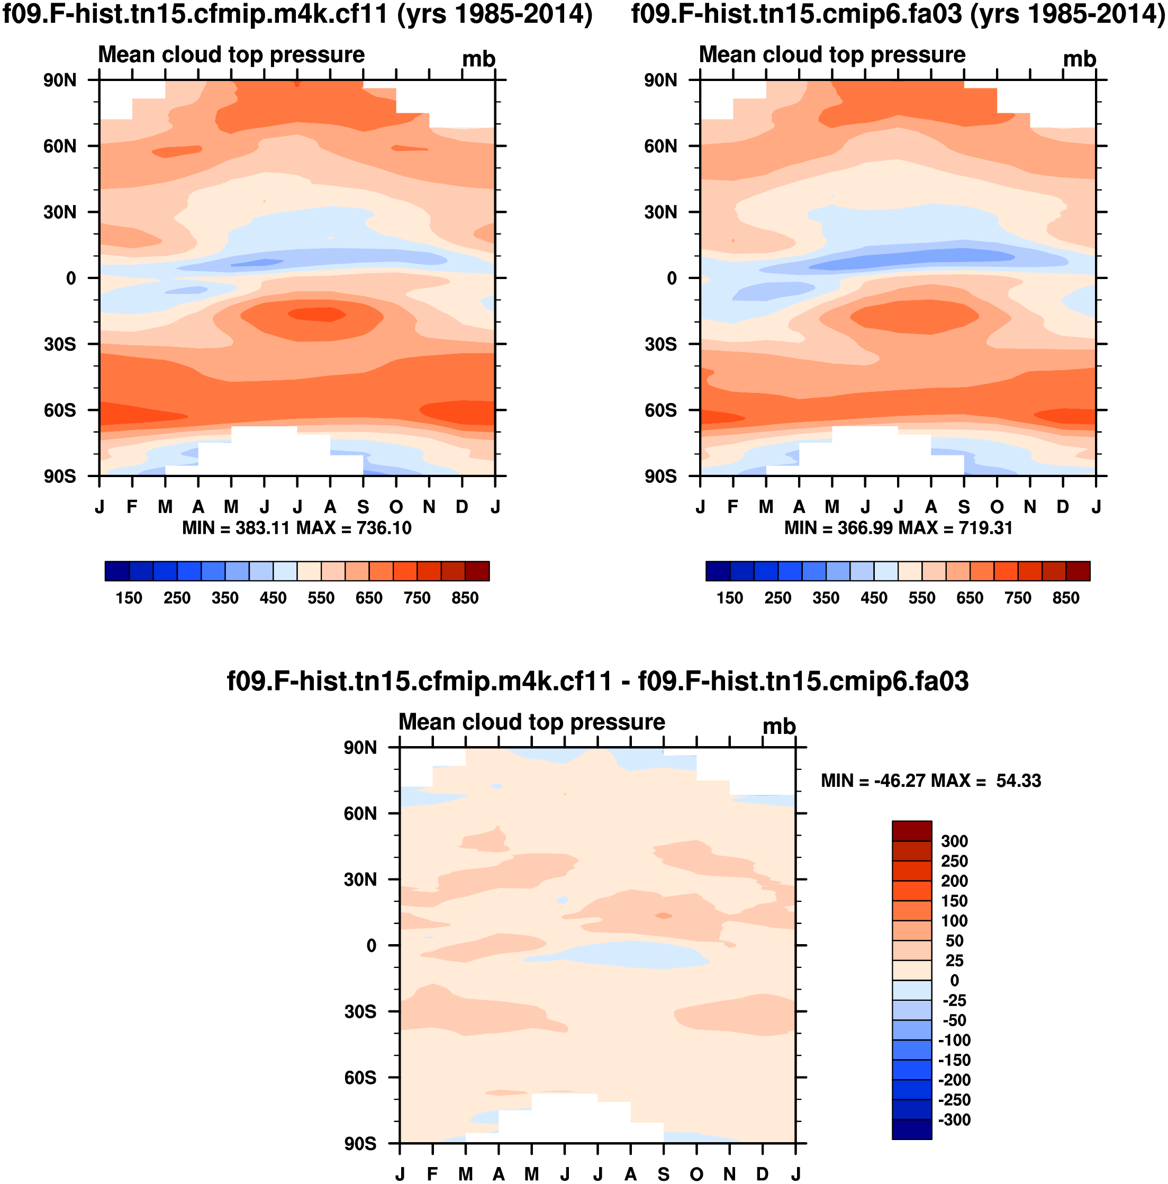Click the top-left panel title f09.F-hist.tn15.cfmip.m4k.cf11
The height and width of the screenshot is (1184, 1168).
(297, 13)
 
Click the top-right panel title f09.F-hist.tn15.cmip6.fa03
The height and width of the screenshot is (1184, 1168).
(898, 13)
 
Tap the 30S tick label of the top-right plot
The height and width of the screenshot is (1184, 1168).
(660, 344)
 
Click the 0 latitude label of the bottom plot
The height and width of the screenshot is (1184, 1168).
(371, 946)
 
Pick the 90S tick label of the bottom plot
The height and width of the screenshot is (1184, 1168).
(360, 1144)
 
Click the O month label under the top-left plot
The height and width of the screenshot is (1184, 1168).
(396, 507)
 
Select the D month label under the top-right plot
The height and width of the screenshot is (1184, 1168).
(1063, 507)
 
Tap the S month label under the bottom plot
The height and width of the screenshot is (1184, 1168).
(663, 1173)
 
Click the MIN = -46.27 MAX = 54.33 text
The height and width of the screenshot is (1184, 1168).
(930, 781)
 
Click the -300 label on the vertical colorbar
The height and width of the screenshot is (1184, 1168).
(954, 1119)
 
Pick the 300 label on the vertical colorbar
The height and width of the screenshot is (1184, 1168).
(954, 841)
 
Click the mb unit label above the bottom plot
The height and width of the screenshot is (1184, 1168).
(778, 727)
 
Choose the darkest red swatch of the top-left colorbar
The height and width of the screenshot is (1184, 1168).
(477, 570)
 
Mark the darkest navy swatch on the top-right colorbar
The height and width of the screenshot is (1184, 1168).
(718, 570)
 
